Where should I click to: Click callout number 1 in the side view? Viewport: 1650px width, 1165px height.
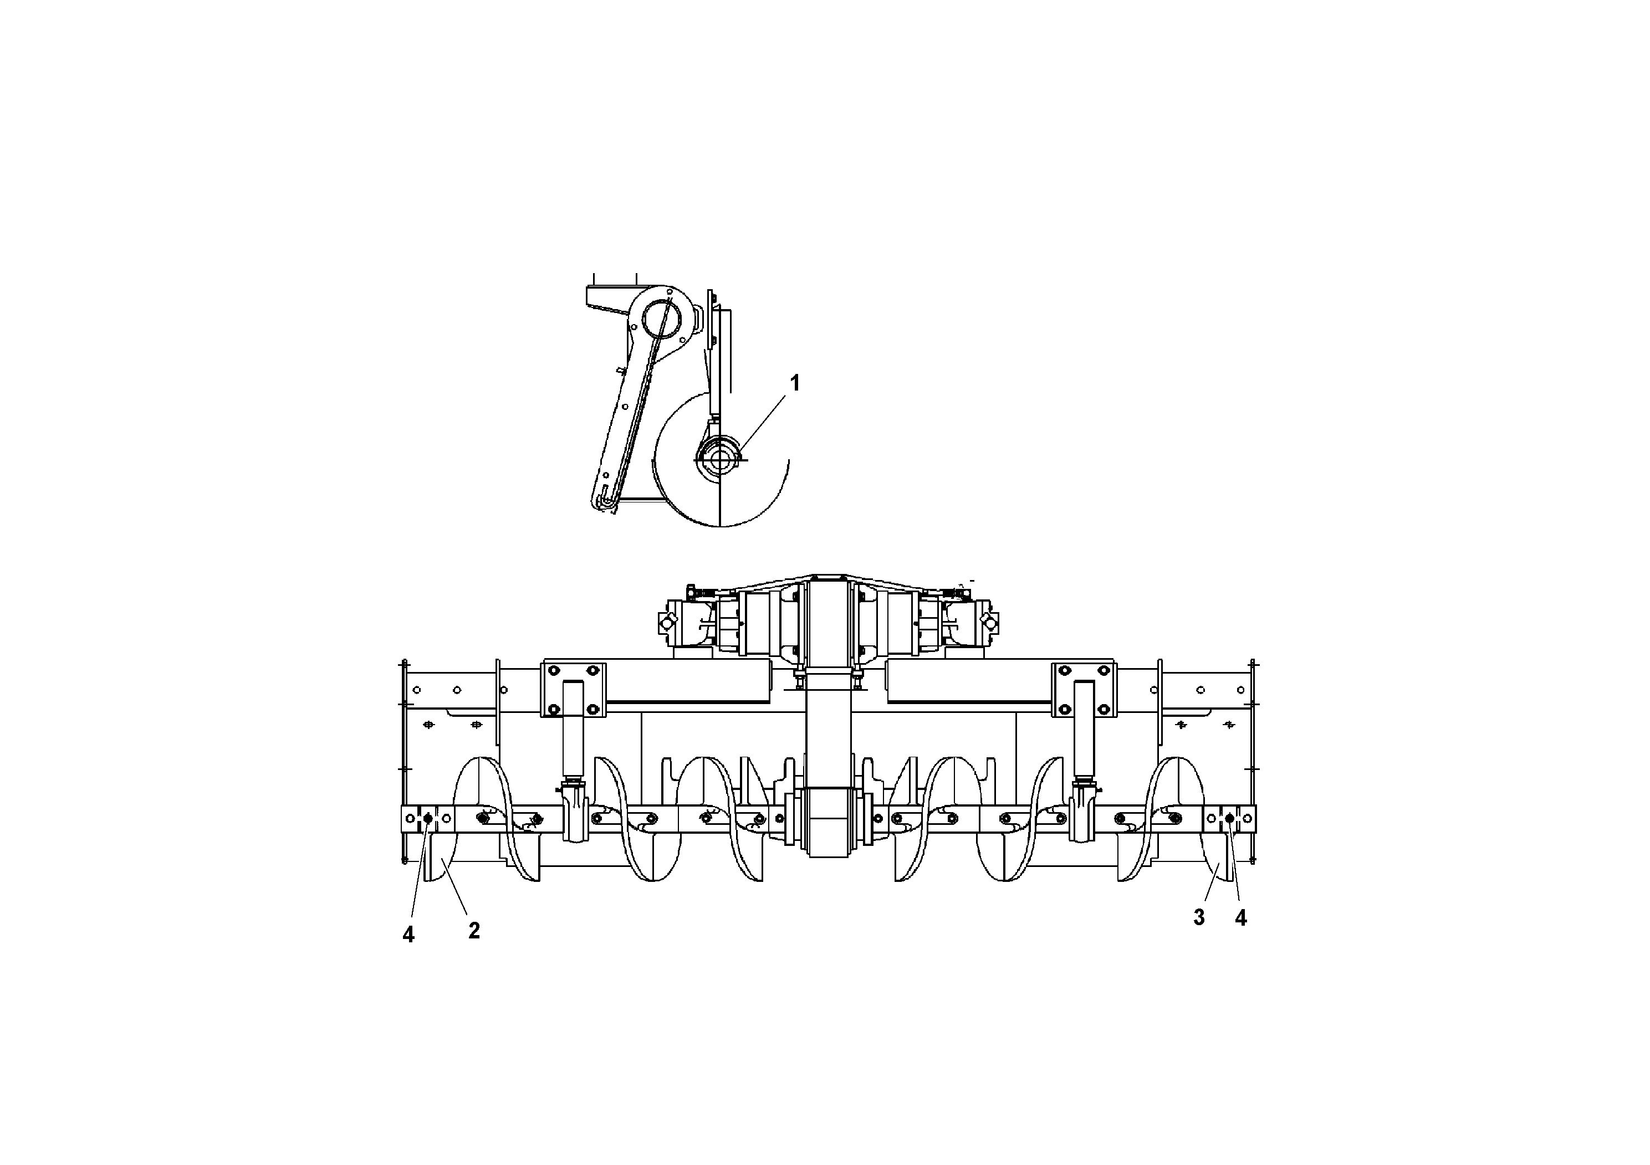coord(795,383)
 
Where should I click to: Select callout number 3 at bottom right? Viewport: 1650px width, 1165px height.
coord(1199,917)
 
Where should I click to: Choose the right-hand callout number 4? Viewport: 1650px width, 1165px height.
coord(1240,917)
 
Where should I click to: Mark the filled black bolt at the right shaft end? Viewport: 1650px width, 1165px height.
coord(1229,819)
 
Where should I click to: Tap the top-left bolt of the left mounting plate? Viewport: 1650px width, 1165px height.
coord(553,671)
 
